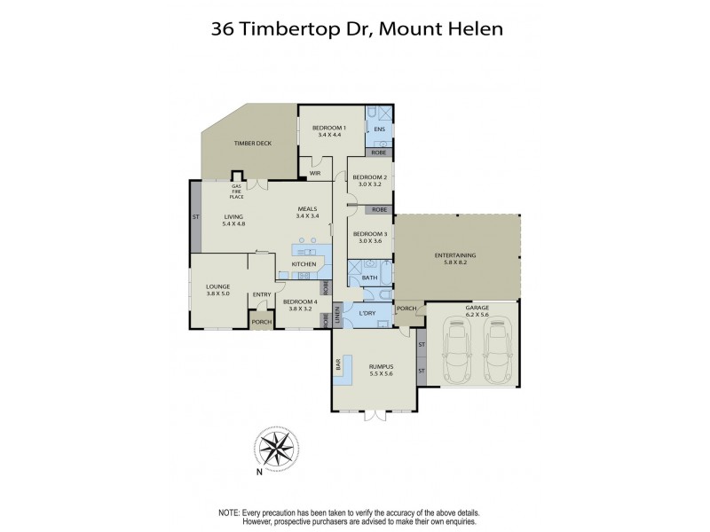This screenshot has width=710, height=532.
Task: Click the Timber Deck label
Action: point(251,143)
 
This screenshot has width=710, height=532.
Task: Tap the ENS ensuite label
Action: point(380,130)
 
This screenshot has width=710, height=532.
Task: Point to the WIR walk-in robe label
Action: point(314,173)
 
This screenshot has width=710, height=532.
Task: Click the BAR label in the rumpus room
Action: point(338,364)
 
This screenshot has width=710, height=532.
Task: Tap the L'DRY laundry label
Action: point(367,312)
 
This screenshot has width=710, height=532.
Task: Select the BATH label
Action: point(368,278)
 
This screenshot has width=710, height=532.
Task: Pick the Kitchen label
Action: point(304,264)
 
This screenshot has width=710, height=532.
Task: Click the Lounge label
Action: point(218,286)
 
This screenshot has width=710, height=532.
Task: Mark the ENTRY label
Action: point(262,295)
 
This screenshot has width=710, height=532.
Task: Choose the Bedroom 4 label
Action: point(296,301)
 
